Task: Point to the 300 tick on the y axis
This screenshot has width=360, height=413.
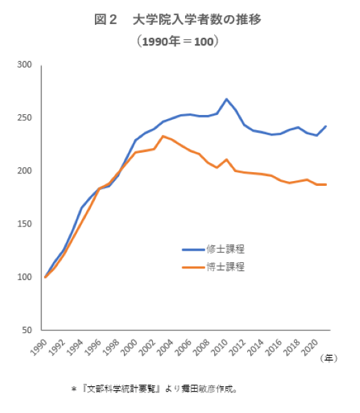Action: point(25,65)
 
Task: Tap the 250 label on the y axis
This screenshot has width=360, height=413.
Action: point(25,118)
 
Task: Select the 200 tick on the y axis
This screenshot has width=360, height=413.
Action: point(25,171)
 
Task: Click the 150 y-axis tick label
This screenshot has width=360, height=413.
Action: point(25,224)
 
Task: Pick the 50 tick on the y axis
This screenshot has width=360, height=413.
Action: point(28,330)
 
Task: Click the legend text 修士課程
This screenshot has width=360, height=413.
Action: point(225,248)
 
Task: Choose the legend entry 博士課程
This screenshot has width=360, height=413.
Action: point(225,266)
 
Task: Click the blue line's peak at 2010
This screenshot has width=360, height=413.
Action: point(226,99)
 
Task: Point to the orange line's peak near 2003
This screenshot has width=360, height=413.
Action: point(162,136)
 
